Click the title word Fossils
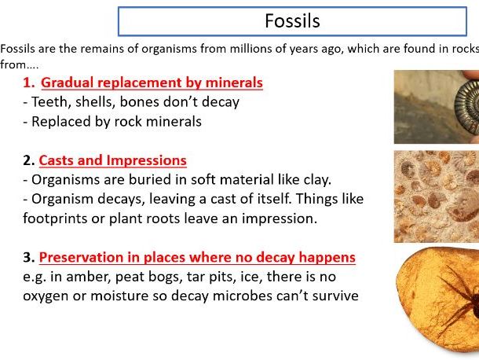point(291,20)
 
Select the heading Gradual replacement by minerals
point(152,83)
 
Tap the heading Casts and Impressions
point(114,160)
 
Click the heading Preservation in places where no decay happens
point(197,257)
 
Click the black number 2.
point(28,160)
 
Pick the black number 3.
point(28,257)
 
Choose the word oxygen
point(47,296)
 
